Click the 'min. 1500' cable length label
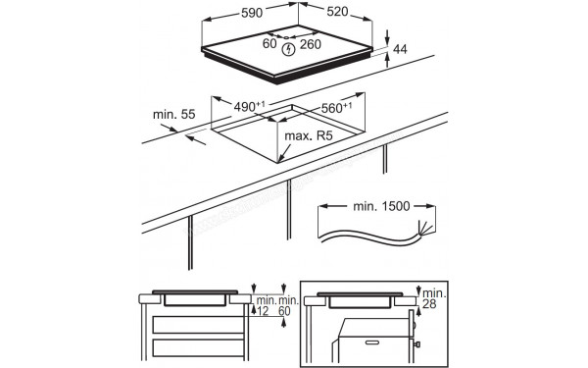(x=367, y=207)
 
